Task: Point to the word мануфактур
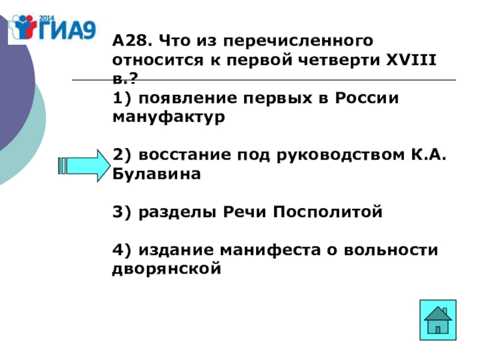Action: coord(169,117)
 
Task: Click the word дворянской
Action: coord(167,269)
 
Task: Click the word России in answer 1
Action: coord(366,98)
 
